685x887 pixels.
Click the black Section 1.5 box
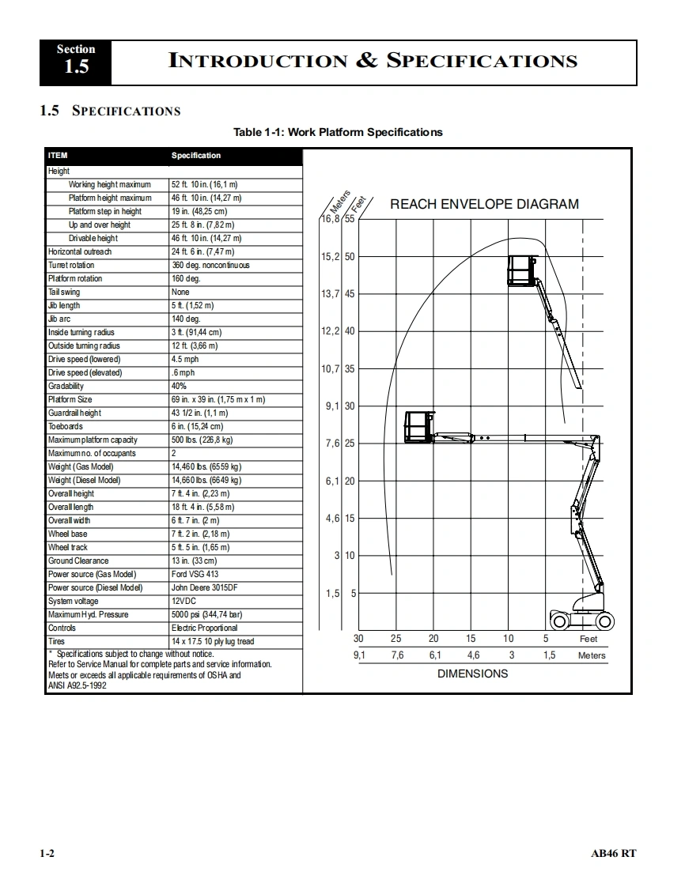coord(76,62)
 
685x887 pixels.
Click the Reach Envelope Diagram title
coord(484,204)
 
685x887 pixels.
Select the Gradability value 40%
coord(179,386)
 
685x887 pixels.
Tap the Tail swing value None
coord(180,292)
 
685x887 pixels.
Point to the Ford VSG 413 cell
coord(195,574)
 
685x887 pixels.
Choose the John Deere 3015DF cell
coord(204,587)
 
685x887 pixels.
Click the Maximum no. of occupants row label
coord(92,453)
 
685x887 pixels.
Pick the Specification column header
coord(196,156)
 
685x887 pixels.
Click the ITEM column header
coord(58,156)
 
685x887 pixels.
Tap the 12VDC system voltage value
coord(184,601)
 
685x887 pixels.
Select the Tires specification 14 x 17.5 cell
coord(213,641)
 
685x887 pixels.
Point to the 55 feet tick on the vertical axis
coord(350,219)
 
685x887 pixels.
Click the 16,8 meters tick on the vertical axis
coord(331,219)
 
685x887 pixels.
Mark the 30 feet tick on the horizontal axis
coord(358,639)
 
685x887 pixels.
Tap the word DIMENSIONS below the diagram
coord(473,674)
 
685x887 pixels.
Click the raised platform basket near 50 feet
coord(521,270)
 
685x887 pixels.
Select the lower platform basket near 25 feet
coord(419,427)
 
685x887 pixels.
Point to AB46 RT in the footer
coord(613,853)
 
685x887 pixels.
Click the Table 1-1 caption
coord(338,132)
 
